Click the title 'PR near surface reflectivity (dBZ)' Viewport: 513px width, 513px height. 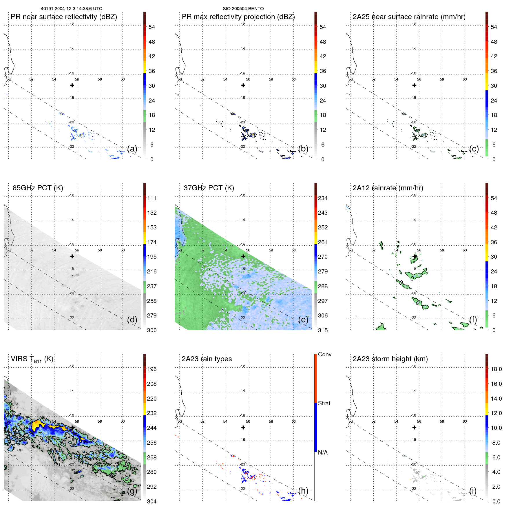click(64, 17)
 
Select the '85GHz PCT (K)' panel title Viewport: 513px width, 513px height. click(38, 188)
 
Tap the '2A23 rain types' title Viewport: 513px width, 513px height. click(207, 359)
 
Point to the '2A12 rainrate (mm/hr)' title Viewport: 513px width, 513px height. click(388, 188)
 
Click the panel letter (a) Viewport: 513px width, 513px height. click(132, 149)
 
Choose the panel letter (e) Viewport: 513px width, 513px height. click(303, 320)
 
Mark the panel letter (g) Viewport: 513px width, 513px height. click(132, 491)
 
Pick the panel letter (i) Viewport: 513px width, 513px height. click(473, 491)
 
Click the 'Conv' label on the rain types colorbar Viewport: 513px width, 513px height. click(324, 354)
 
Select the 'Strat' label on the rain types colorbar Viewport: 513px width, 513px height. click(324, 403)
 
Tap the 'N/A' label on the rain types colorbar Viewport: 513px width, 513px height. click(323, 452)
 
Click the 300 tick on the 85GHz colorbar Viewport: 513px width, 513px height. click(151, 330)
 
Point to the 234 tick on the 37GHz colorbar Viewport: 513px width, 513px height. click(323, 198)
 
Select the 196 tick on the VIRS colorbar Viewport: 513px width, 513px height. click(151, 369)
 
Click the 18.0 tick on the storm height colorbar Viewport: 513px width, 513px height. click(496, 369)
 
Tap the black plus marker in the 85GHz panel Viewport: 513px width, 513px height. click(72, 256)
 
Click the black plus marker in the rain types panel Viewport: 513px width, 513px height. click(243, 428)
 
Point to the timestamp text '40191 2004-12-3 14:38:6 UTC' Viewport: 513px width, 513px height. click(72, 9)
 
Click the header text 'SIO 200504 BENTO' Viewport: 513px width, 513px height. click(243, 9)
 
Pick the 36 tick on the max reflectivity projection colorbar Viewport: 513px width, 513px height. click(323, 71)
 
